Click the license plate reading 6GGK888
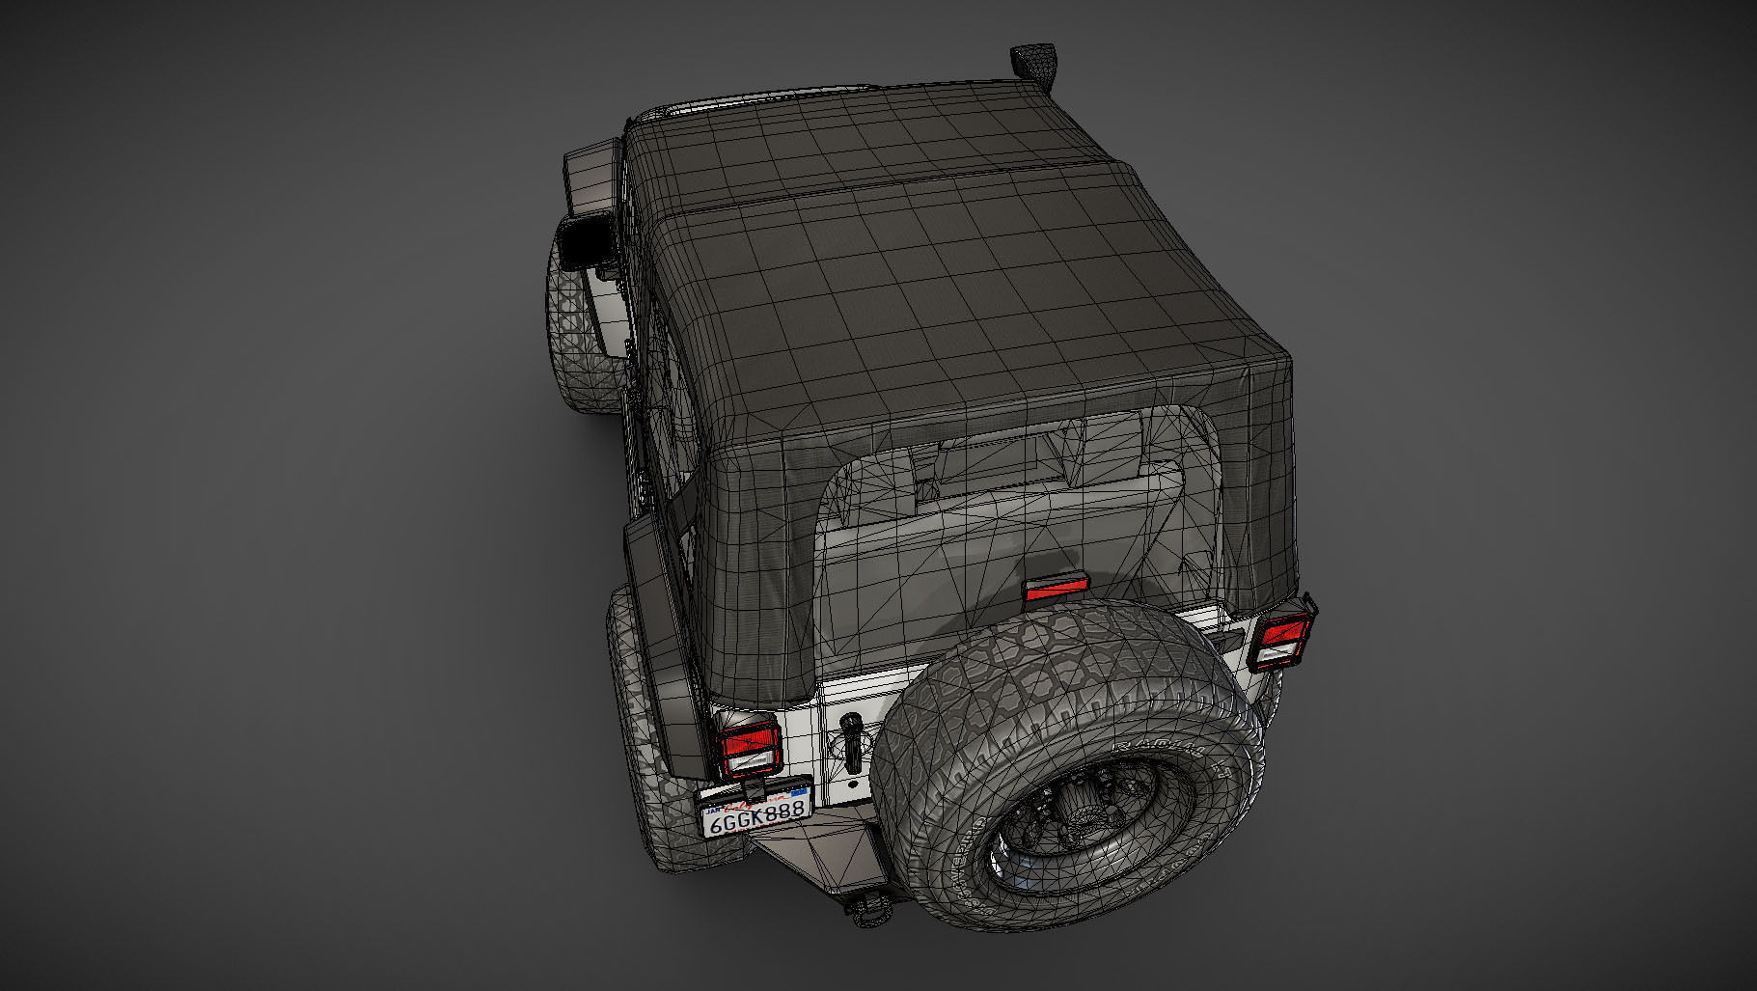point(756,815)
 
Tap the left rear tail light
point(748,744)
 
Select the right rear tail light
point(1280,640)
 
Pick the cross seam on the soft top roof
point(888,188)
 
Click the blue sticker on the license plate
point(798,793)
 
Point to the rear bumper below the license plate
point(810,859)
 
